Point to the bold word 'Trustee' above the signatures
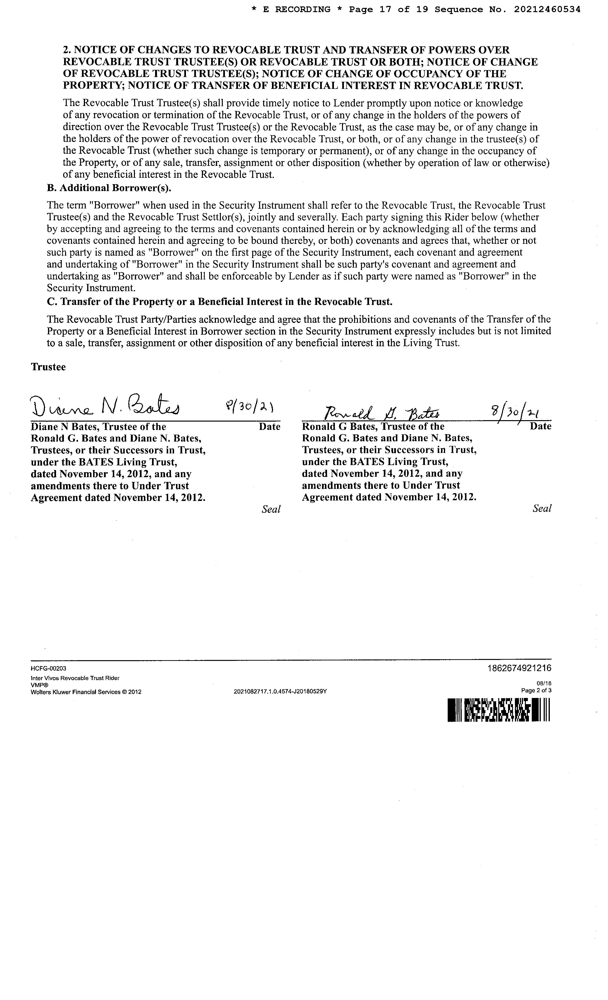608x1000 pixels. point(48,367)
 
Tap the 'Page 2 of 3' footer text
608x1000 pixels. point(536,690)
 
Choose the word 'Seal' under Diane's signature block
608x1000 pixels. point(271,509)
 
